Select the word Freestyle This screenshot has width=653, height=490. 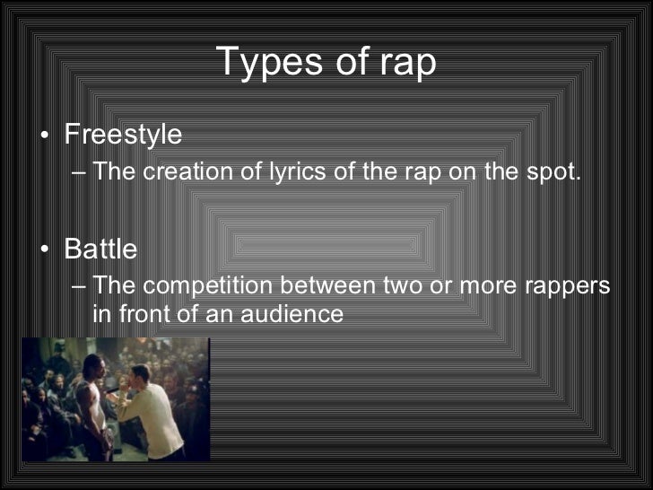tap(123, 135)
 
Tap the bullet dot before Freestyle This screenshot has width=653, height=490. tap(46, 136)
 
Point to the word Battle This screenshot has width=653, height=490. tap(100, 249)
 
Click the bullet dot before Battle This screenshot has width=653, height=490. tap(46, 249)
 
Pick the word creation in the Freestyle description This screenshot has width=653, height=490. tap(190, 171)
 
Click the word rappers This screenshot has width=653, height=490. tap(562, 286)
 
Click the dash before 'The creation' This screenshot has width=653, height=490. tap(80, 171)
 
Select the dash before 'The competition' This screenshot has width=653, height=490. tap(80, 286)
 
